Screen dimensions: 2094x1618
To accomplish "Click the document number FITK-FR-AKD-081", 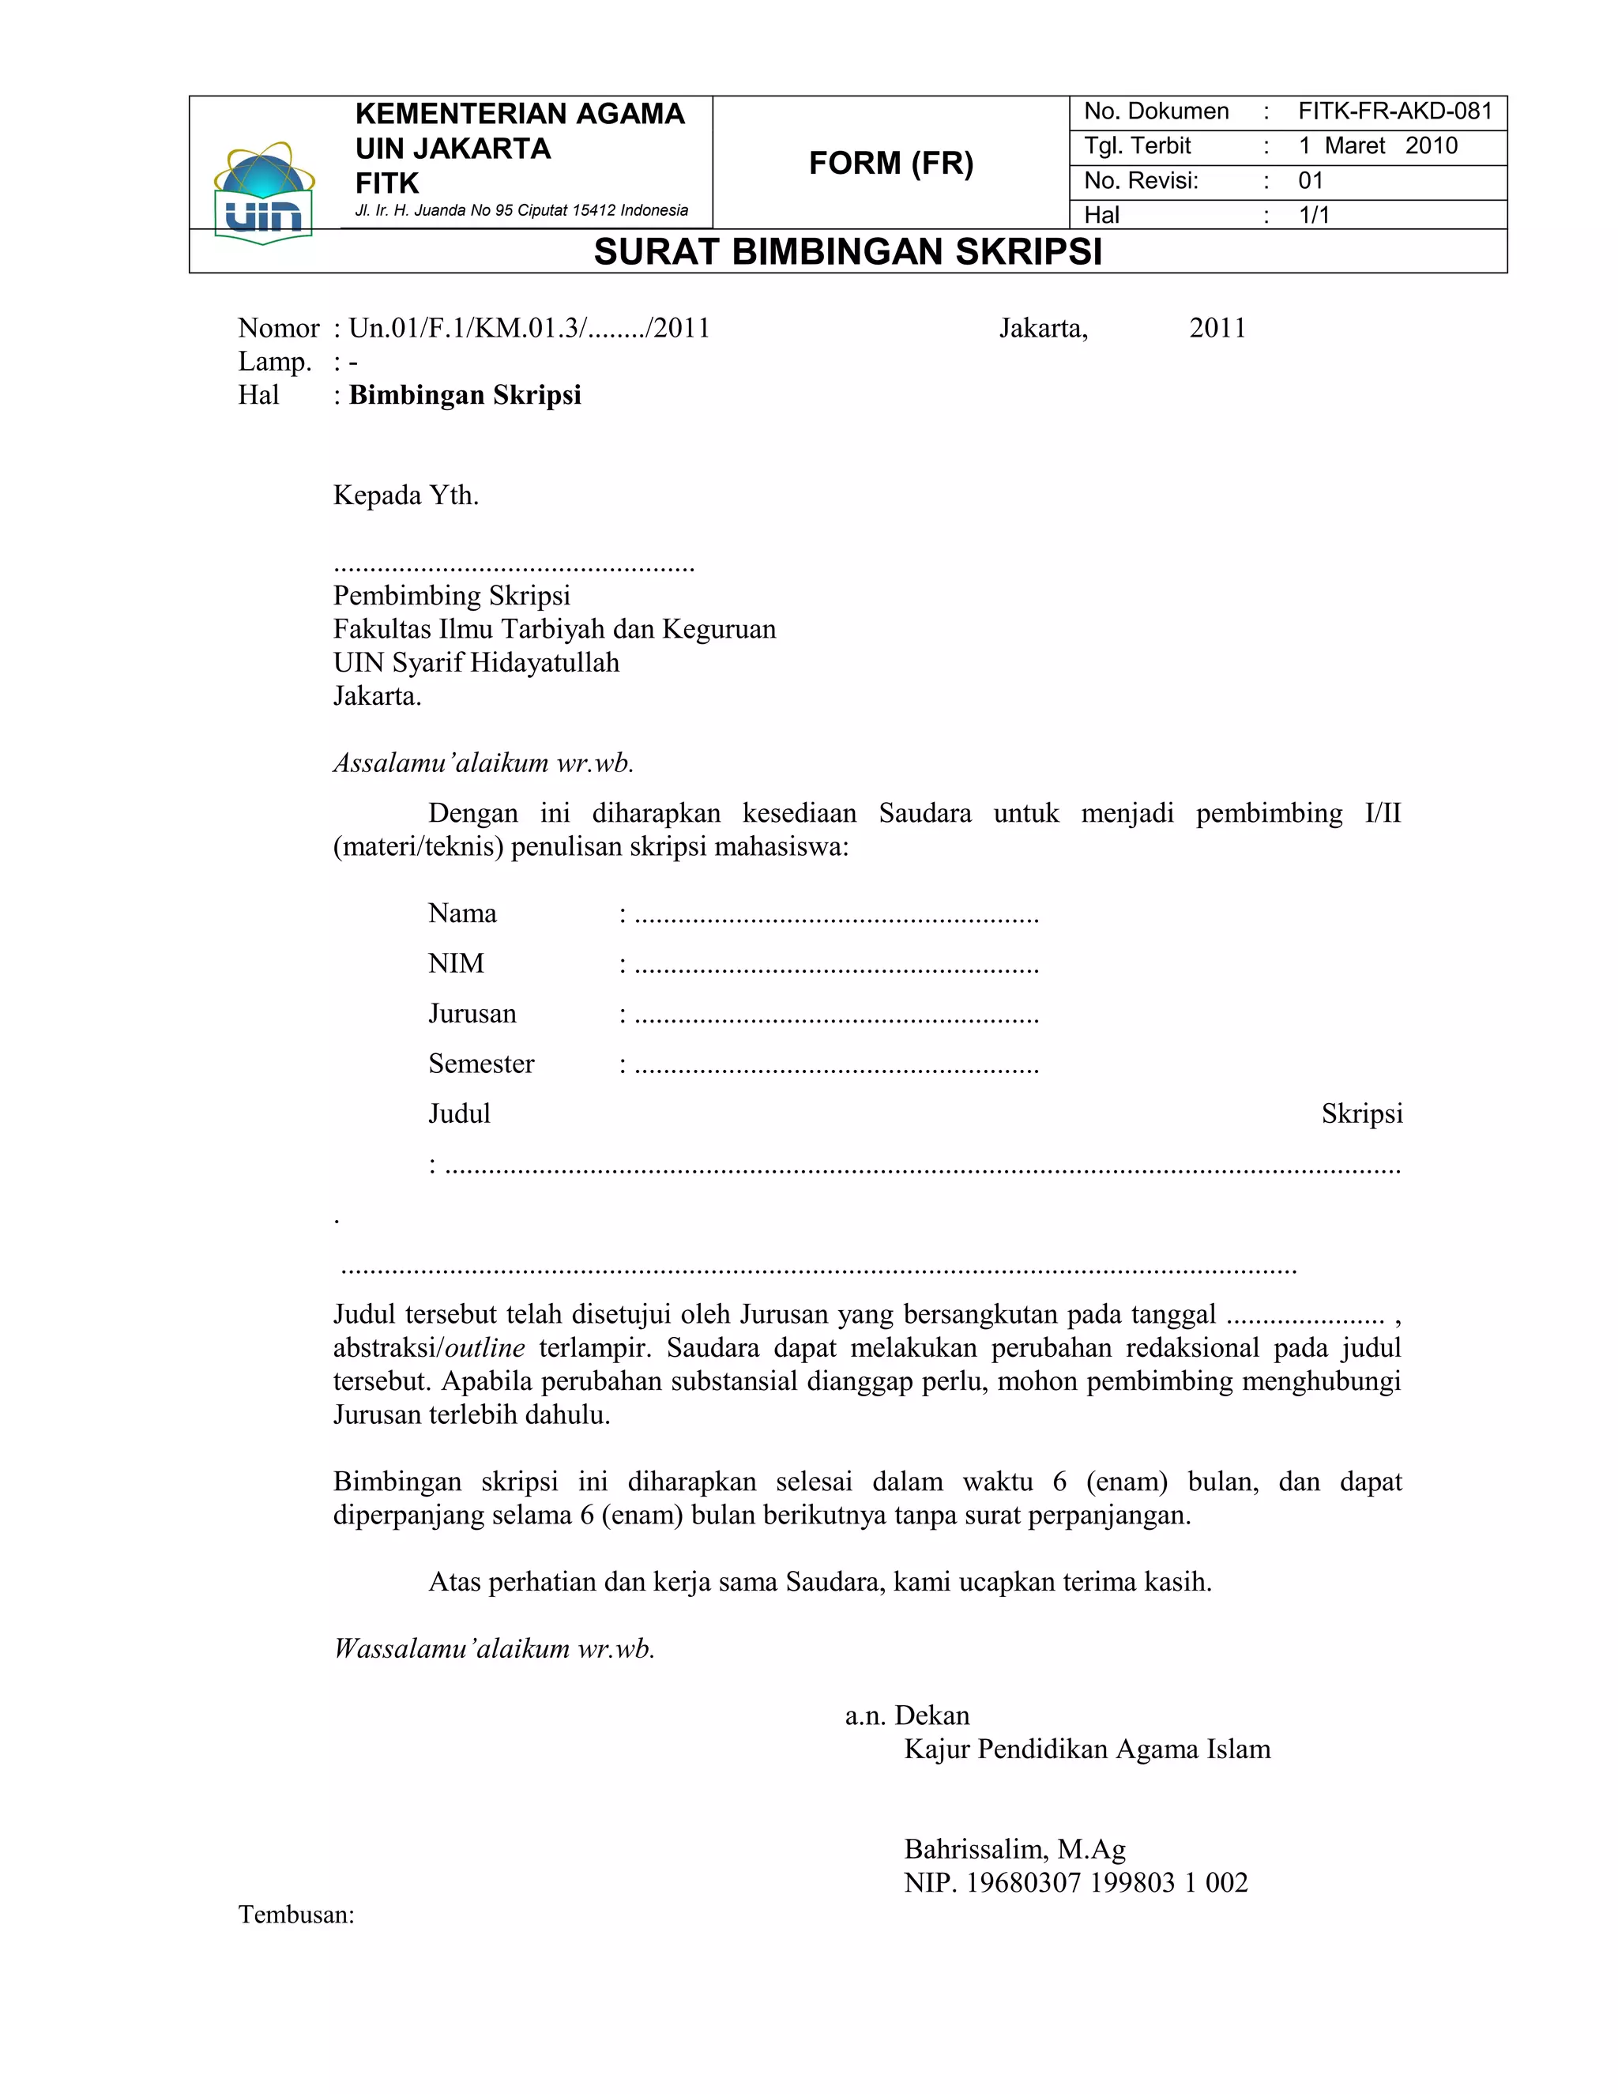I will click(1394, 111).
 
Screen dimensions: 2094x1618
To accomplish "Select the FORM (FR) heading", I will click(890, 163).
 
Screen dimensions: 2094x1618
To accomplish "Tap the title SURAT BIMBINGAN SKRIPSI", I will click(848, 252).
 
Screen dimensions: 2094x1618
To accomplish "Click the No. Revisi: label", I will click(1141, 180).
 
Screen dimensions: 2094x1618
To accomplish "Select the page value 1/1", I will click(1314, 215).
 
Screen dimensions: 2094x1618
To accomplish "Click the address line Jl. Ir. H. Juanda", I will click(521, 210).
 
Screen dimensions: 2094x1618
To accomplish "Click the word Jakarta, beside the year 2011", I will click(1043, 329).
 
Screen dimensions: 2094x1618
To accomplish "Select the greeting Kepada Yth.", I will click(405, 495).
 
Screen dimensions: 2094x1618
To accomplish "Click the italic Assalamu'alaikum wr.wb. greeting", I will click(483, 763).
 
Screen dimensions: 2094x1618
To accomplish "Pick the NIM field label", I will click(457, 963).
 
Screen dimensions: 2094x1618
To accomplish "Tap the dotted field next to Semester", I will click(836, 1065).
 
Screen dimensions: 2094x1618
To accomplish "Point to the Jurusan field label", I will click(472, 1014).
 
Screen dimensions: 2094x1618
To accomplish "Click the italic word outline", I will click(485, 1348).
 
